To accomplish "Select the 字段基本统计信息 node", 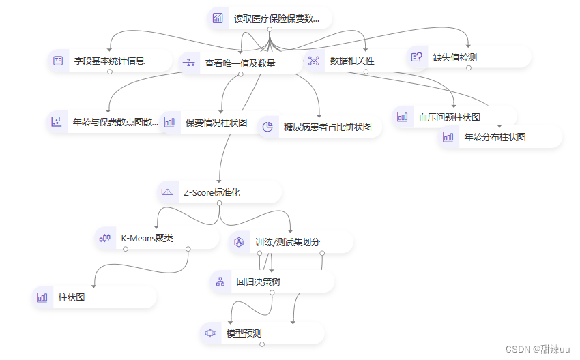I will pos(109,61).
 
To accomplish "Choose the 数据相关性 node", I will pos(352,61).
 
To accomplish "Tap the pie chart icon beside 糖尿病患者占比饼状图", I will pos(268,127).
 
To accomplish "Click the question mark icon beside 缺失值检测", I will pos(416,57).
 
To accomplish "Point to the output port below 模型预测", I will pos(262,344).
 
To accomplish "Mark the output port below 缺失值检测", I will pos(469,67).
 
